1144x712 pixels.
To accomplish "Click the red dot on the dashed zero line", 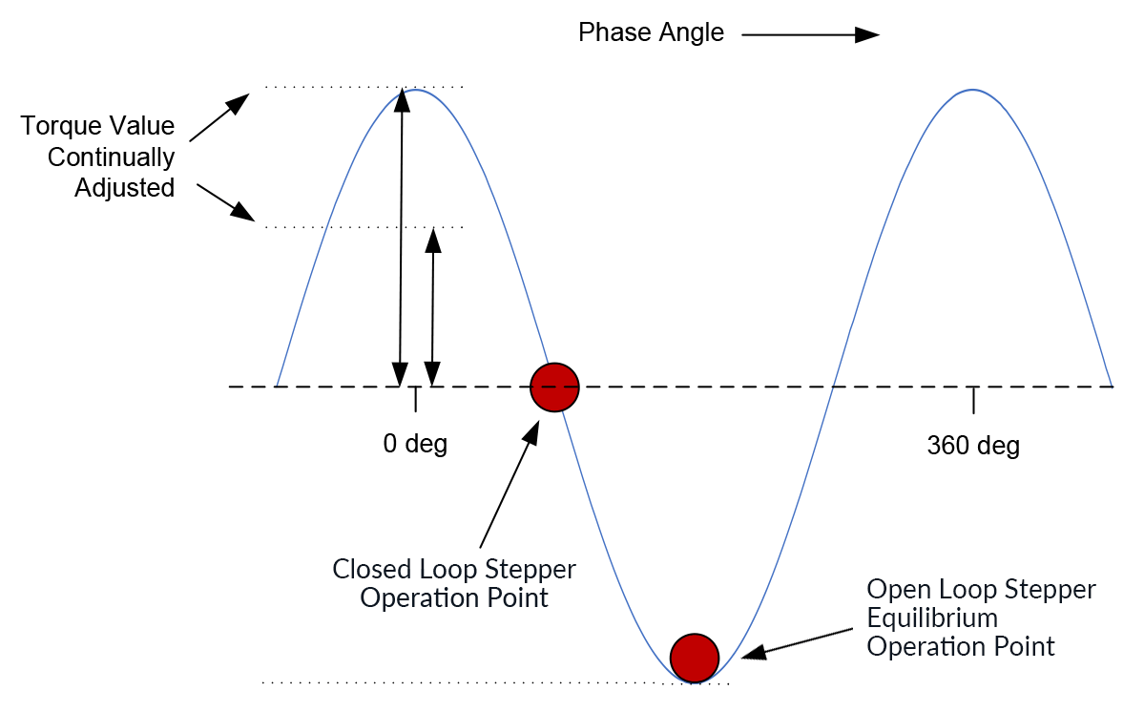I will [x=555, y=387].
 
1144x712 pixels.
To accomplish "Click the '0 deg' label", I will [x=415, y=444].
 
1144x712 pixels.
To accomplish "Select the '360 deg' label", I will [x=973, y=446].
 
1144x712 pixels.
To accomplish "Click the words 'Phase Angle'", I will [x=652, y=32].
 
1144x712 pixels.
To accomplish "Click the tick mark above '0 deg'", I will [x=415, y=399].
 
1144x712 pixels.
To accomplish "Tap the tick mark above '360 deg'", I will [x=973, y=400].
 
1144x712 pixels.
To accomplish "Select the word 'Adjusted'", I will [x=125, y=188].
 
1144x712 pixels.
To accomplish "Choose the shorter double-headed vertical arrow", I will [x=433, y=306].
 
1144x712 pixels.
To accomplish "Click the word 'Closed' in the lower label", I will [x=372, y=570].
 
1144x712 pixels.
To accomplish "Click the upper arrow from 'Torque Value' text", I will [x=219, y=117].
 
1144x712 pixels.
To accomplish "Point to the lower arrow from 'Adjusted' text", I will [x=226, y=201].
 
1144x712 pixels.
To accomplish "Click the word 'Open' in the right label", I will [x=897, y=589].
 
